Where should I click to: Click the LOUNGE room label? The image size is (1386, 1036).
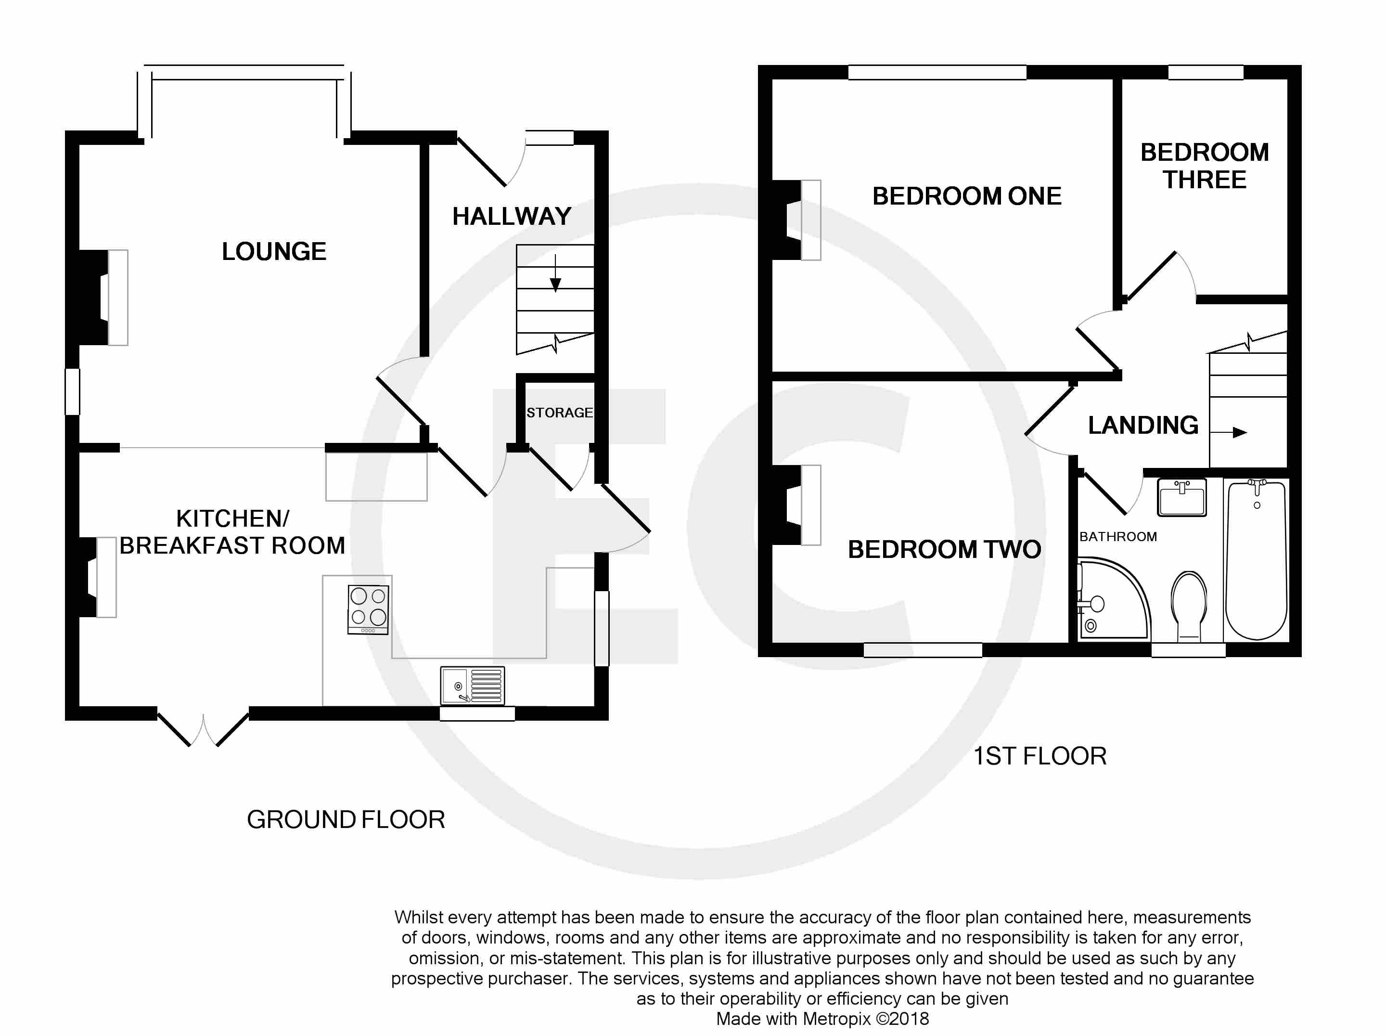pyautogui.click(x=274, y=251)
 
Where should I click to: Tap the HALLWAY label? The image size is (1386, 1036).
pyautogui.click(x=512, y=216)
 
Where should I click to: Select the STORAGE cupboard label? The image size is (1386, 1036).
pyautogui.click(x=560, y=413)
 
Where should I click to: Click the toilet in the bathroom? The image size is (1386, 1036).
pyautogui.click(x=1189, y=606)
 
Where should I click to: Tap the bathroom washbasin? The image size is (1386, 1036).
pyautogui.click(x=1182, y=497)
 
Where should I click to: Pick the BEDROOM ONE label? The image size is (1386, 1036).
pyautogui.click(x=967, y=196)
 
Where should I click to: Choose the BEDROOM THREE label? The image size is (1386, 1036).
pyautogui.click(x=1204, y=166)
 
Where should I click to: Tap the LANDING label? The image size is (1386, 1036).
pyautogui.click(x=1143, y=425)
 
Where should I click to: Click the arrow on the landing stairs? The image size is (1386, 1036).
pyautogui.click(x=1228, y=432)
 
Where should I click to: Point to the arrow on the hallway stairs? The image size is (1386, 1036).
pyautogui.click(x=555, y=273)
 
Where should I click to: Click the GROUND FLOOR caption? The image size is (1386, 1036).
pyautogui.click(x=346, y=820)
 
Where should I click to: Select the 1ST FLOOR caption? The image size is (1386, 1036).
pyautogui.click(x=1039, y=756)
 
